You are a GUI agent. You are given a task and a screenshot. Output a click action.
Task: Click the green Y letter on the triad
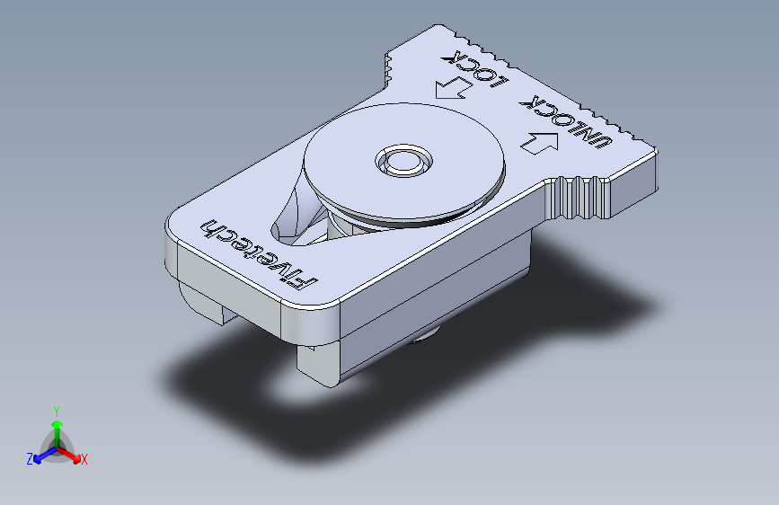(56, 409)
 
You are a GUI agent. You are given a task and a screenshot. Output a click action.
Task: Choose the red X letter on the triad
(84, 460)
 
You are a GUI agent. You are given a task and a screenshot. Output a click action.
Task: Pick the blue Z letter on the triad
(30, 459)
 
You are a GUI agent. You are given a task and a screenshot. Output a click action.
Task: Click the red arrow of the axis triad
(74, 455)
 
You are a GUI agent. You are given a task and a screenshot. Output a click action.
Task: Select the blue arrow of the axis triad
(40, 456)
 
